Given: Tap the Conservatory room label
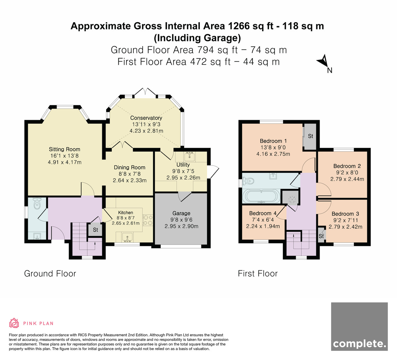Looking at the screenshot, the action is coord(146,118).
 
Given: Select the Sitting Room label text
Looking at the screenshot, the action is coord(65,149).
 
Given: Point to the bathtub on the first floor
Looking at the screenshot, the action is coord(261,196).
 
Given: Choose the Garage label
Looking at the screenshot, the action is coord(181,213).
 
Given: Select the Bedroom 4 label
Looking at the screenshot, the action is coord(263,213).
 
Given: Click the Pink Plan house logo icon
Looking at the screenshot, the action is coord(14,323).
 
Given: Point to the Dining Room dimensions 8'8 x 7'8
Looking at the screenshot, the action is coord(130,174).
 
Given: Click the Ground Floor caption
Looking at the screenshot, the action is coord(50,274).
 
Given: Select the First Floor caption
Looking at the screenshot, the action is coord(258,274).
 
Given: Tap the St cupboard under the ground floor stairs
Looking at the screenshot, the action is coord(95,230).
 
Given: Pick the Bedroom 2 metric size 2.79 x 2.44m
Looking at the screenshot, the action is coord(347,179).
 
